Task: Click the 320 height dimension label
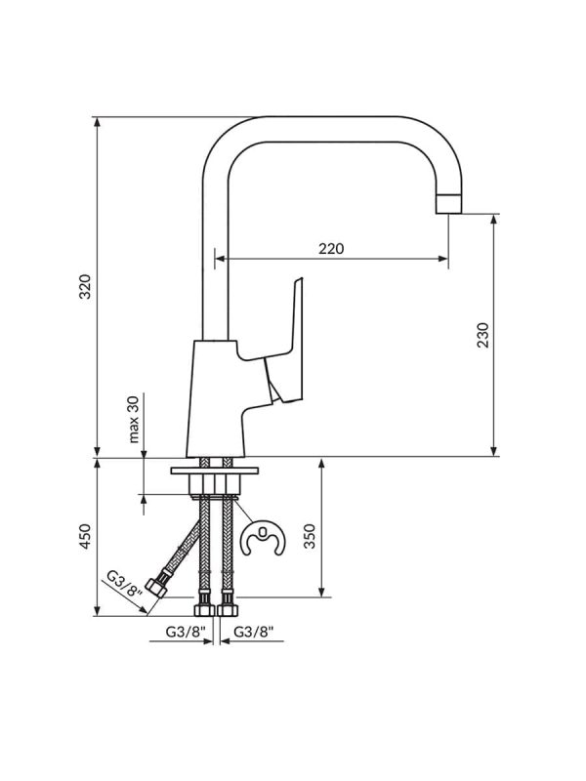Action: coord(86,286)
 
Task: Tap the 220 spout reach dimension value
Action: coord(331,248)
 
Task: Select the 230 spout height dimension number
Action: coord(482,335)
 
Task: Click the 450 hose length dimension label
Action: coord(86,536)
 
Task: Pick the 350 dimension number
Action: coord(310,536)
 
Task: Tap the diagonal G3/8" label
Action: coord(125,584)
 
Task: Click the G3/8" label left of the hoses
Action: coord(186,632)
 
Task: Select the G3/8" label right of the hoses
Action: coord(254,632)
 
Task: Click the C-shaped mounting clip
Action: coord(263,539)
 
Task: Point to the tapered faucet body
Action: coord(214,399)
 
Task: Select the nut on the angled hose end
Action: coord(156,589)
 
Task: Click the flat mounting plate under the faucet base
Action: coord(215,471)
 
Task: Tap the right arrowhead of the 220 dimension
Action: coord(443,259)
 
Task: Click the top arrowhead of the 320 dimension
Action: coord(98,123)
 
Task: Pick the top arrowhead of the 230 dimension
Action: coord(494,221)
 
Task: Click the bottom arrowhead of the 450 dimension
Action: coord(98,611)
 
